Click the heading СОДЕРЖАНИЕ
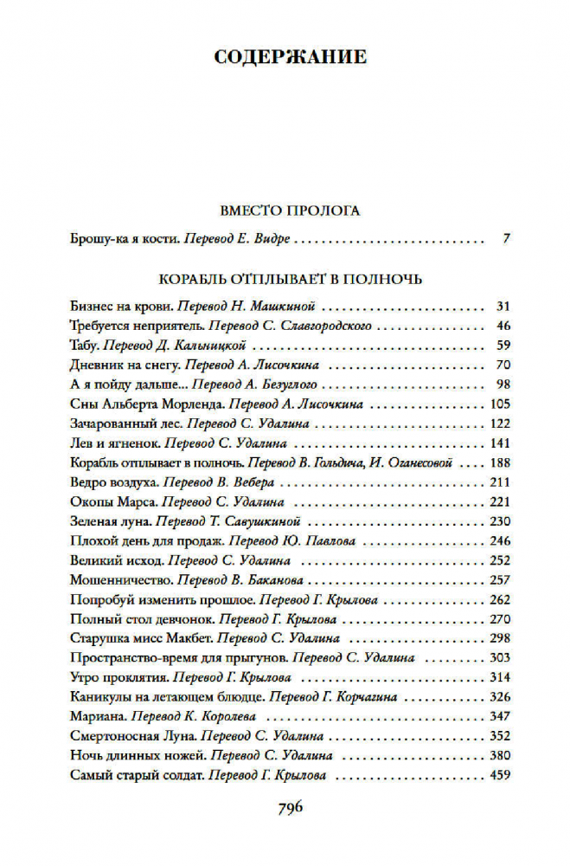click(x=290, y=57)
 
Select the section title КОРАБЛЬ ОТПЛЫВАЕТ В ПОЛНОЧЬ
click(x=290, y=280)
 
